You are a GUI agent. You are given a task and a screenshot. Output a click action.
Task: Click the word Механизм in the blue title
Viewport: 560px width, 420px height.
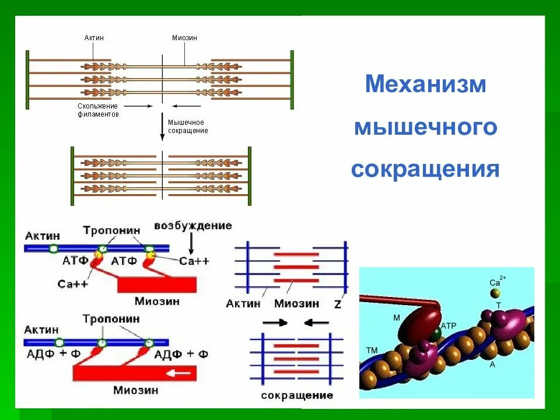[x=425, y=85]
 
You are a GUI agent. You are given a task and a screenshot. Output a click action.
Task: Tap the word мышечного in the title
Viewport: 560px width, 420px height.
[x=425, y=127]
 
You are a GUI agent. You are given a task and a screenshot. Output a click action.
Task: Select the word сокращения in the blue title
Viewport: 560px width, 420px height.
[x=425, y=169]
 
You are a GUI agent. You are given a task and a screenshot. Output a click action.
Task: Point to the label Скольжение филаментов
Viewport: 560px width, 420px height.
[x=98, y=110]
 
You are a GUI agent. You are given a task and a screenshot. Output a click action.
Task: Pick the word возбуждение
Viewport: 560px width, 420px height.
[x=193, y=225]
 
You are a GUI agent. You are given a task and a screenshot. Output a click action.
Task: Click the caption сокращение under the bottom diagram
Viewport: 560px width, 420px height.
[x=297, y=395]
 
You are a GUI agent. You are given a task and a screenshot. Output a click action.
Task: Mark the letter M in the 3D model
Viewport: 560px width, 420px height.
[x=396, y=317]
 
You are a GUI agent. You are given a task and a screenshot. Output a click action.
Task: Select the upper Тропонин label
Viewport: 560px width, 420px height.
[x=111, y=230]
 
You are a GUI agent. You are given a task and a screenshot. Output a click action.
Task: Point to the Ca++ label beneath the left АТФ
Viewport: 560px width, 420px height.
[x=73, y=283]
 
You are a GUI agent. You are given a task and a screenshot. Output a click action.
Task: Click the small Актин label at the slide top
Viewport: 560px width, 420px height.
[x=94, y=38]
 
